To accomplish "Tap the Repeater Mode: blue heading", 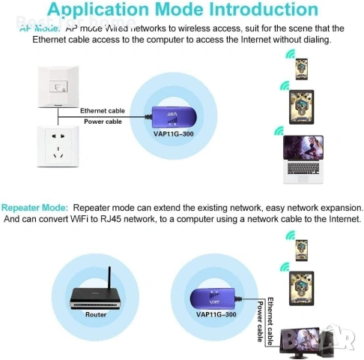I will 35,207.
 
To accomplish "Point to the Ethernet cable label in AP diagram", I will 103,110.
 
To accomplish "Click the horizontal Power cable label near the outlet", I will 103,121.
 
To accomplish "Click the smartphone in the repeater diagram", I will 301,250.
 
